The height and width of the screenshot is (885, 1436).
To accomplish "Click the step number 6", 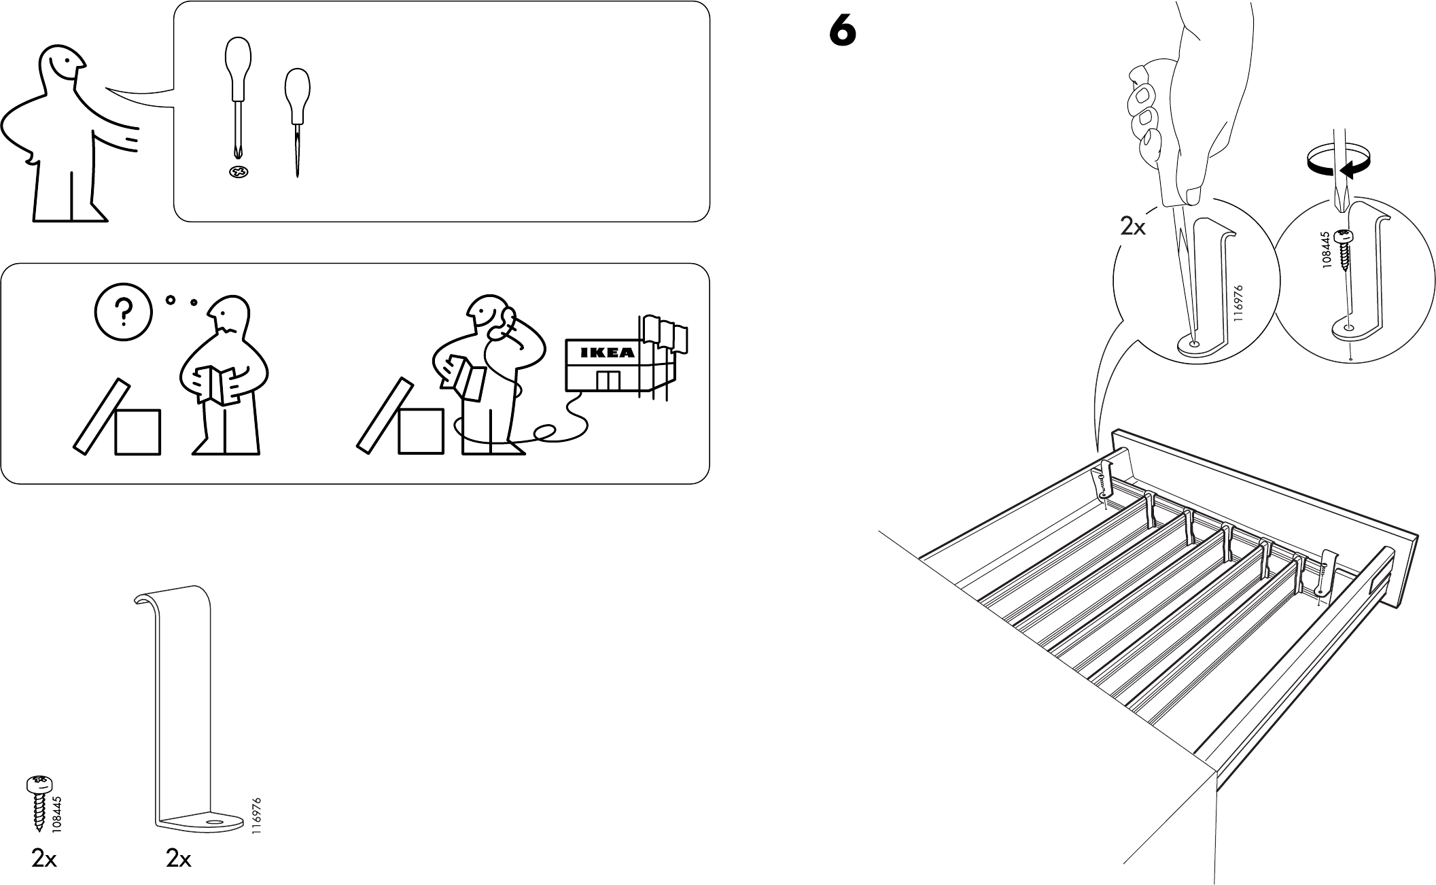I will tap(843, 32).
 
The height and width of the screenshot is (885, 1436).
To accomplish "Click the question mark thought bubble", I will tap(122, 312).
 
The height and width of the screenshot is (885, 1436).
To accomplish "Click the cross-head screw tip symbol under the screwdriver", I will tap(239, 173).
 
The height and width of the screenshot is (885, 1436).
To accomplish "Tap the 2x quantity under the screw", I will tap(44, 860).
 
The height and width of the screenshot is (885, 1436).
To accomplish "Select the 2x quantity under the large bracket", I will tap(178, 860).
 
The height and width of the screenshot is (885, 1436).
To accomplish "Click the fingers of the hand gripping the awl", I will tap(1146, 122).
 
